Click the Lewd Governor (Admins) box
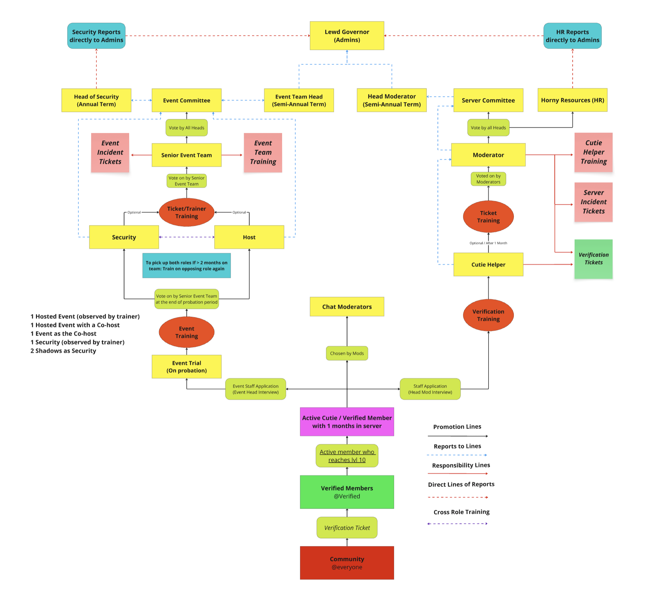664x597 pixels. [x=347, y=36]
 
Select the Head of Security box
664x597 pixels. [x=96, y=100]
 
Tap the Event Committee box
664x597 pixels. [x=186, y=100]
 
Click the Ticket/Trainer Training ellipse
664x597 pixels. [x=186, y=212]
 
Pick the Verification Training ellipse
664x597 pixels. [x=488, y=315]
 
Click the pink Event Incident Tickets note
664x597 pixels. [x=110, y=152]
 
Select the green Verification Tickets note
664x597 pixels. [x=593, y=259]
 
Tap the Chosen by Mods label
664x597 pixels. [x=347, y=353]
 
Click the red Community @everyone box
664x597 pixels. [x=347, y=562]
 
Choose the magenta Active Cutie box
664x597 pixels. [x=347, y=422]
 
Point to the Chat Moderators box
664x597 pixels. [x=347, y=307]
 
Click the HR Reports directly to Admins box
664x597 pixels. [x=572, y=36]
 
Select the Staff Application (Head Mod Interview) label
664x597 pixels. [x=430, y=389]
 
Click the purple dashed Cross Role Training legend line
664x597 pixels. [x=457, y=523]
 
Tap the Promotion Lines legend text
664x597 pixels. [x=457, y=426]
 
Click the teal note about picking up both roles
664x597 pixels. [x=186, y=266]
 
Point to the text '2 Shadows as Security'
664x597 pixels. [x=63, y=350]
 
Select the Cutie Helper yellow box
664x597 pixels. [x=488, y=264]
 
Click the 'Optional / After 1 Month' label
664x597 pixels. [x=488, y=243]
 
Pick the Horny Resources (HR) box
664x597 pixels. [x=572, y=100]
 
